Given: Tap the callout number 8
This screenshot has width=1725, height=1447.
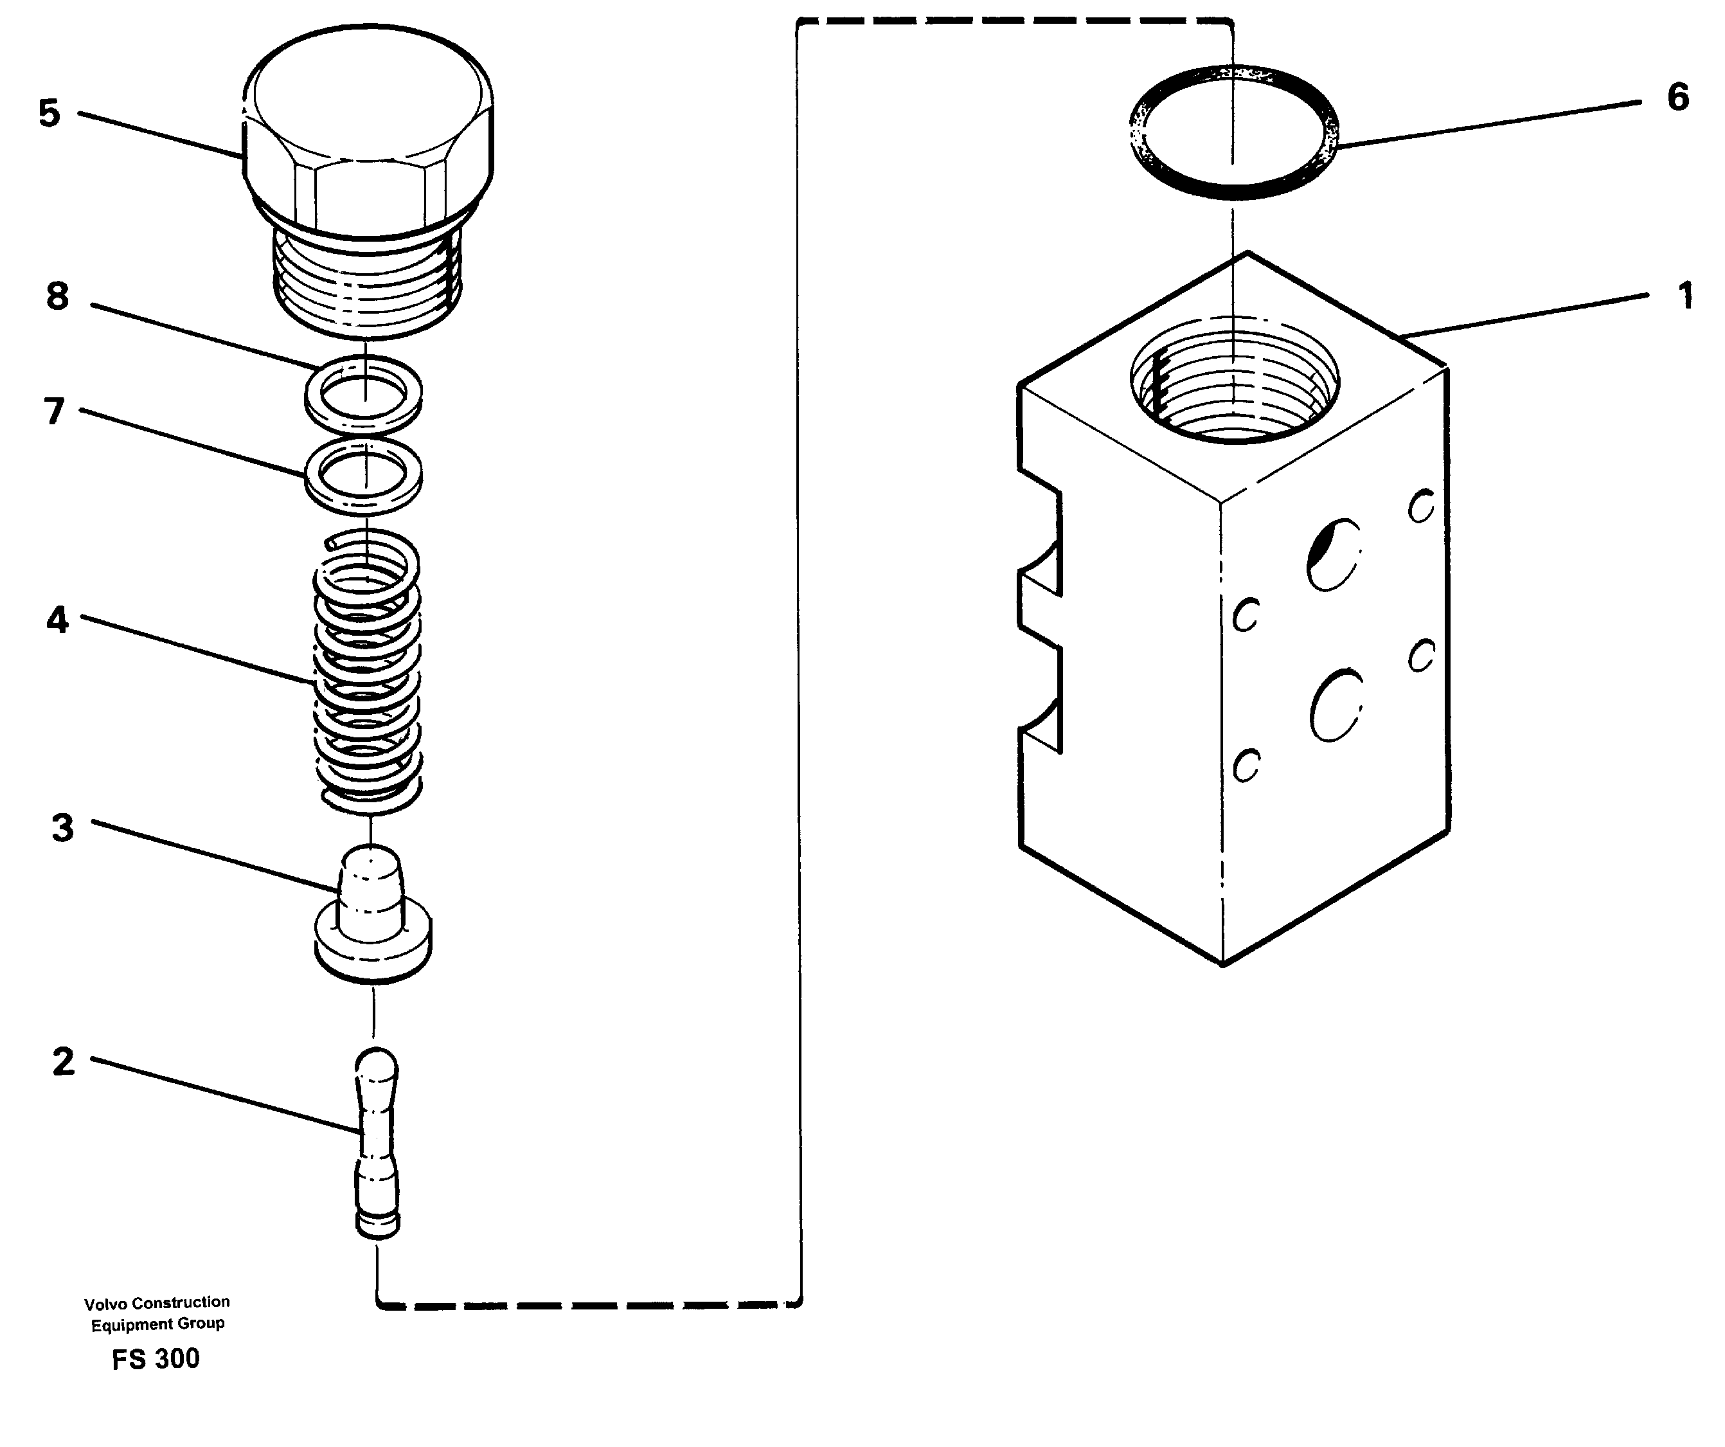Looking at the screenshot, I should click(x=57, y=296).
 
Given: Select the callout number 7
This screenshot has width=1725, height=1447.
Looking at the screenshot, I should click(x=54, y=411).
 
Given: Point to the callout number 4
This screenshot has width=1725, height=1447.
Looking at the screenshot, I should click(x=57, y=620).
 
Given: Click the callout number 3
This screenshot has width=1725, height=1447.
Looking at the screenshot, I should click(x=62, y=827).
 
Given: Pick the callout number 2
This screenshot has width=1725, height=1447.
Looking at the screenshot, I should click(x=63, y=1062).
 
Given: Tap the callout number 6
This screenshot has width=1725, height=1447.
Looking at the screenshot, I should click(x=1677, y=97).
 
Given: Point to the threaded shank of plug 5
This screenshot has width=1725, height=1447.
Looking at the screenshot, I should click(x=367, y=283).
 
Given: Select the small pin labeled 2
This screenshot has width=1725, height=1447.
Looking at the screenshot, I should click(x=377, y=1142).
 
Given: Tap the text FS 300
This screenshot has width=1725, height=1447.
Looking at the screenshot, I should click(x=156, y=1359).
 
